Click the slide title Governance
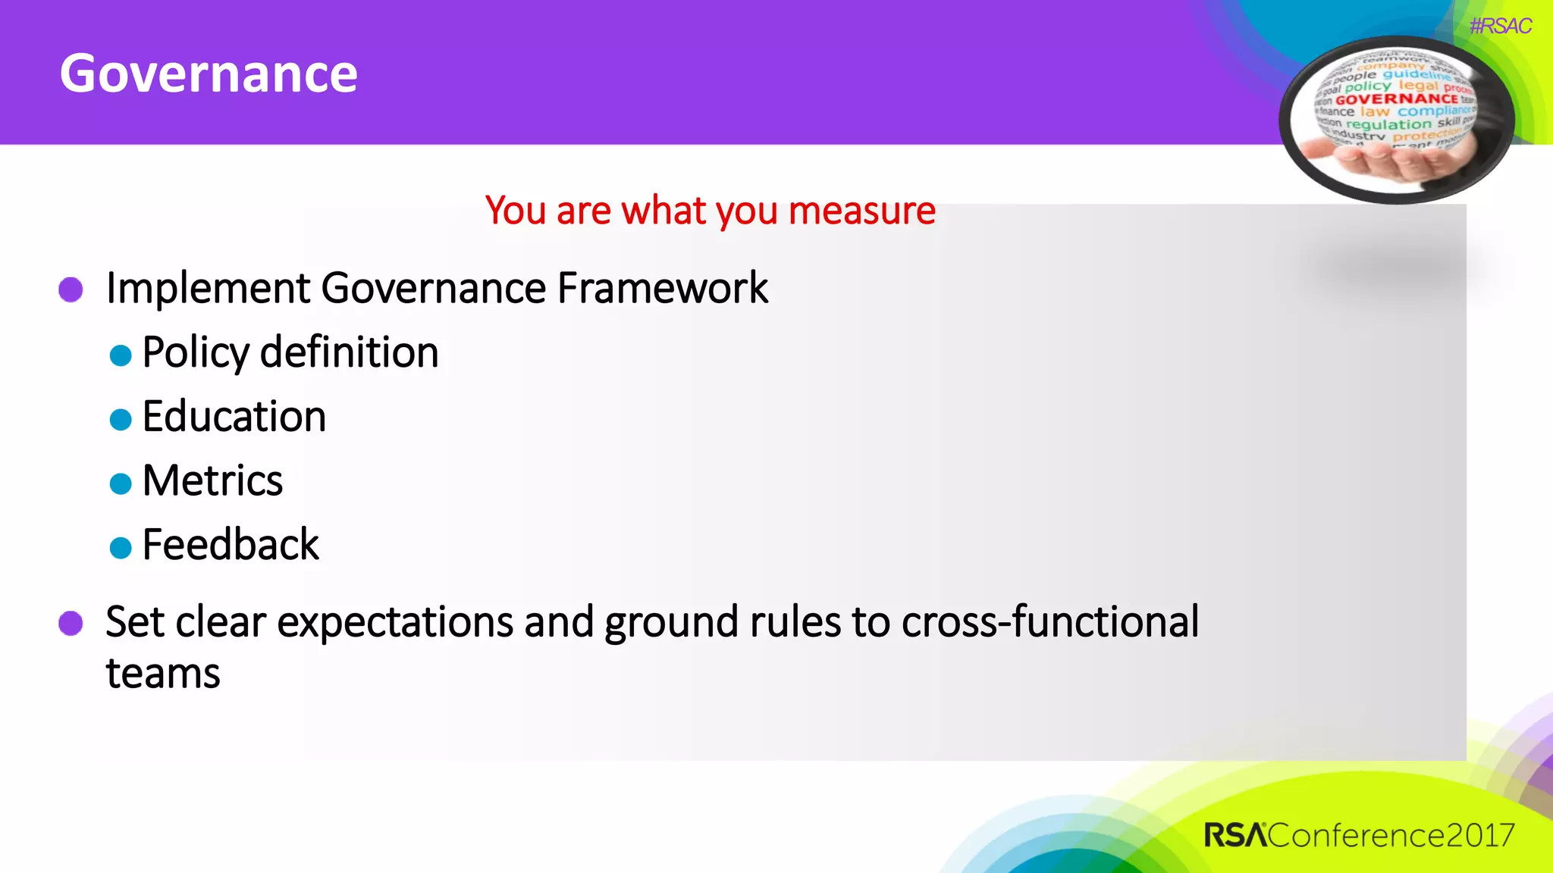209,74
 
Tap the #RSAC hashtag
1500,27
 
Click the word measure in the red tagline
861,211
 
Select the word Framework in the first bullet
662,288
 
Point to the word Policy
195,353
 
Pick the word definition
350,352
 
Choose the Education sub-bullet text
234,417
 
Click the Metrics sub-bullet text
212,480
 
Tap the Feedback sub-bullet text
231,545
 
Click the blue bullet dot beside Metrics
121,483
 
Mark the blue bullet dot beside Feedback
121,547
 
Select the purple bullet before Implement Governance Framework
71,289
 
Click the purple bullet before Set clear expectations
71,623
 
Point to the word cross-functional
1050,622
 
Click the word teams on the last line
163,674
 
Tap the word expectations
395,623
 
